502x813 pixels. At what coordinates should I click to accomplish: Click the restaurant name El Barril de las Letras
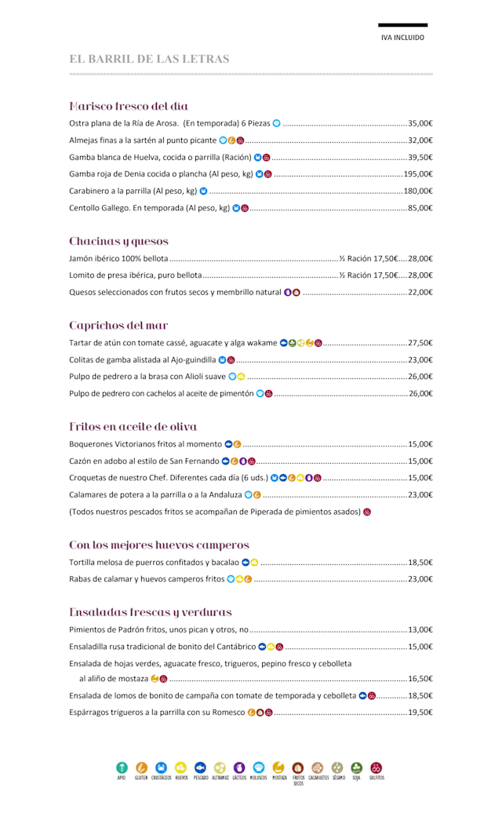click(149, 59)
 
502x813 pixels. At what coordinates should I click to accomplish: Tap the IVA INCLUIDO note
click(402, 37)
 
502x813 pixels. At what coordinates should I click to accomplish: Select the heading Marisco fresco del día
click(129, 106)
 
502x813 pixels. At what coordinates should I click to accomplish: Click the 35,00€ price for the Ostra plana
click(420, 123)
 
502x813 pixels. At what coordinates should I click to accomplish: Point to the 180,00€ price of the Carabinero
click(418, 191)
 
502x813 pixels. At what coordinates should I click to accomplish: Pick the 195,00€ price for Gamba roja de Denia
click(418, 174)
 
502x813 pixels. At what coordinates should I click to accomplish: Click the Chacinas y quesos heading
click(118, 241)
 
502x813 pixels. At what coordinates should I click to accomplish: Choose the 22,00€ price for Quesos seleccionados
click(420, 292)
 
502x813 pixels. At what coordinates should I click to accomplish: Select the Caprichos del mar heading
click(118, 325)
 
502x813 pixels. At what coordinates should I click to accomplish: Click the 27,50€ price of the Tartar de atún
click(420, 343)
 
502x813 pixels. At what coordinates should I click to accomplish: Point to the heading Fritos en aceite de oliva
click(133, 427)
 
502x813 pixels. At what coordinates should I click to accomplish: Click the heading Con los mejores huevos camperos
click(159, 545)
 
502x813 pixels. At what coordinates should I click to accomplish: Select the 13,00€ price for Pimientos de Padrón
click(420, 629)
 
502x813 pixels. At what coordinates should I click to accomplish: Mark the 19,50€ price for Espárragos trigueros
click(420, 713)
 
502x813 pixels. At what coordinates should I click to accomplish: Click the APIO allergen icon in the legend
click(122, 767)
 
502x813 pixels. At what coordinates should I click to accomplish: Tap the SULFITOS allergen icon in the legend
click(376, 767)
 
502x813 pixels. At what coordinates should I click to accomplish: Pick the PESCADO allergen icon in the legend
click(200, 767)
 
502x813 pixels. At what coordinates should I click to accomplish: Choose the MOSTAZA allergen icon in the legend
click(278, 767)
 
